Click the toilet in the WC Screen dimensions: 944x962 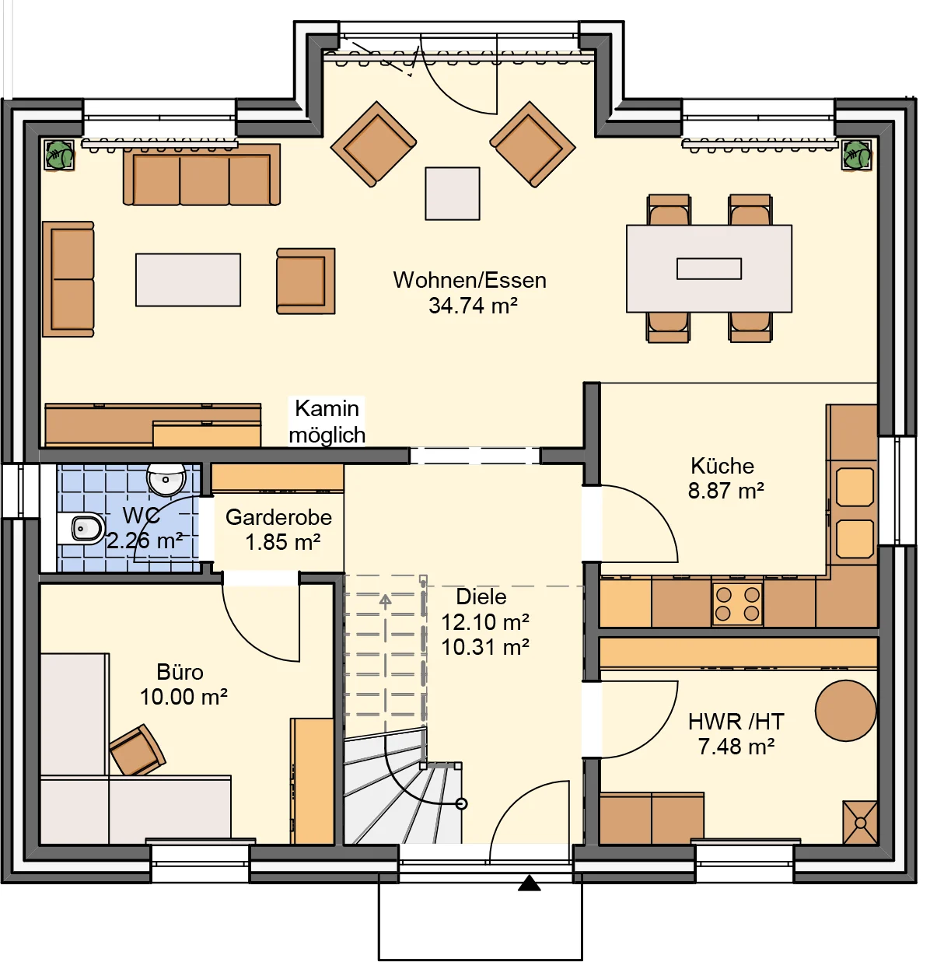[x=82, y=528]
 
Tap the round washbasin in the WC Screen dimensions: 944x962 [x=166, y=479]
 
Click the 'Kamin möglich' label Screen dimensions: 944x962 [x=327, y=422]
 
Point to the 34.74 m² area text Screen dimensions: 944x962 [x=473, y=306]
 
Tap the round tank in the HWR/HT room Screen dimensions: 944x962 [x=846, y=710]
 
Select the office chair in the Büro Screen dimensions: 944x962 [x=138, y=750]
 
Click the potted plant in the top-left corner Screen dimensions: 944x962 [x=59, y=155]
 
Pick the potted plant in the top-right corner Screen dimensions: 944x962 [x=857, y=155]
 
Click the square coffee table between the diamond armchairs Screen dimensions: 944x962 [x=453, y=194]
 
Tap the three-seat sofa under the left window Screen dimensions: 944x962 [x=201, y=175]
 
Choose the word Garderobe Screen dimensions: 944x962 [x=278, y=517]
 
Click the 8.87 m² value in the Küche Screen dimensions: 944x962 [x=725, y=491]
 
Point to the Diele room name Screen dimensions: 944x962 [x=481, y=596]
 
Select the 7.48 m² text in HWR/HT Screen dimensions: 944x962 [x=736, y=747]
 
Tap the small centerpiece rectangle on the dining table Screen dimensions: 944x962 [x=709, y=268]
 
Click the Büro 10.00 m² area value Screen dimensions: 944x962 [x=184, y=697]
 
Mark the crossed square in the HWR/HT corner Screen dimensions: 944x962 [x=860, y=823]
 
